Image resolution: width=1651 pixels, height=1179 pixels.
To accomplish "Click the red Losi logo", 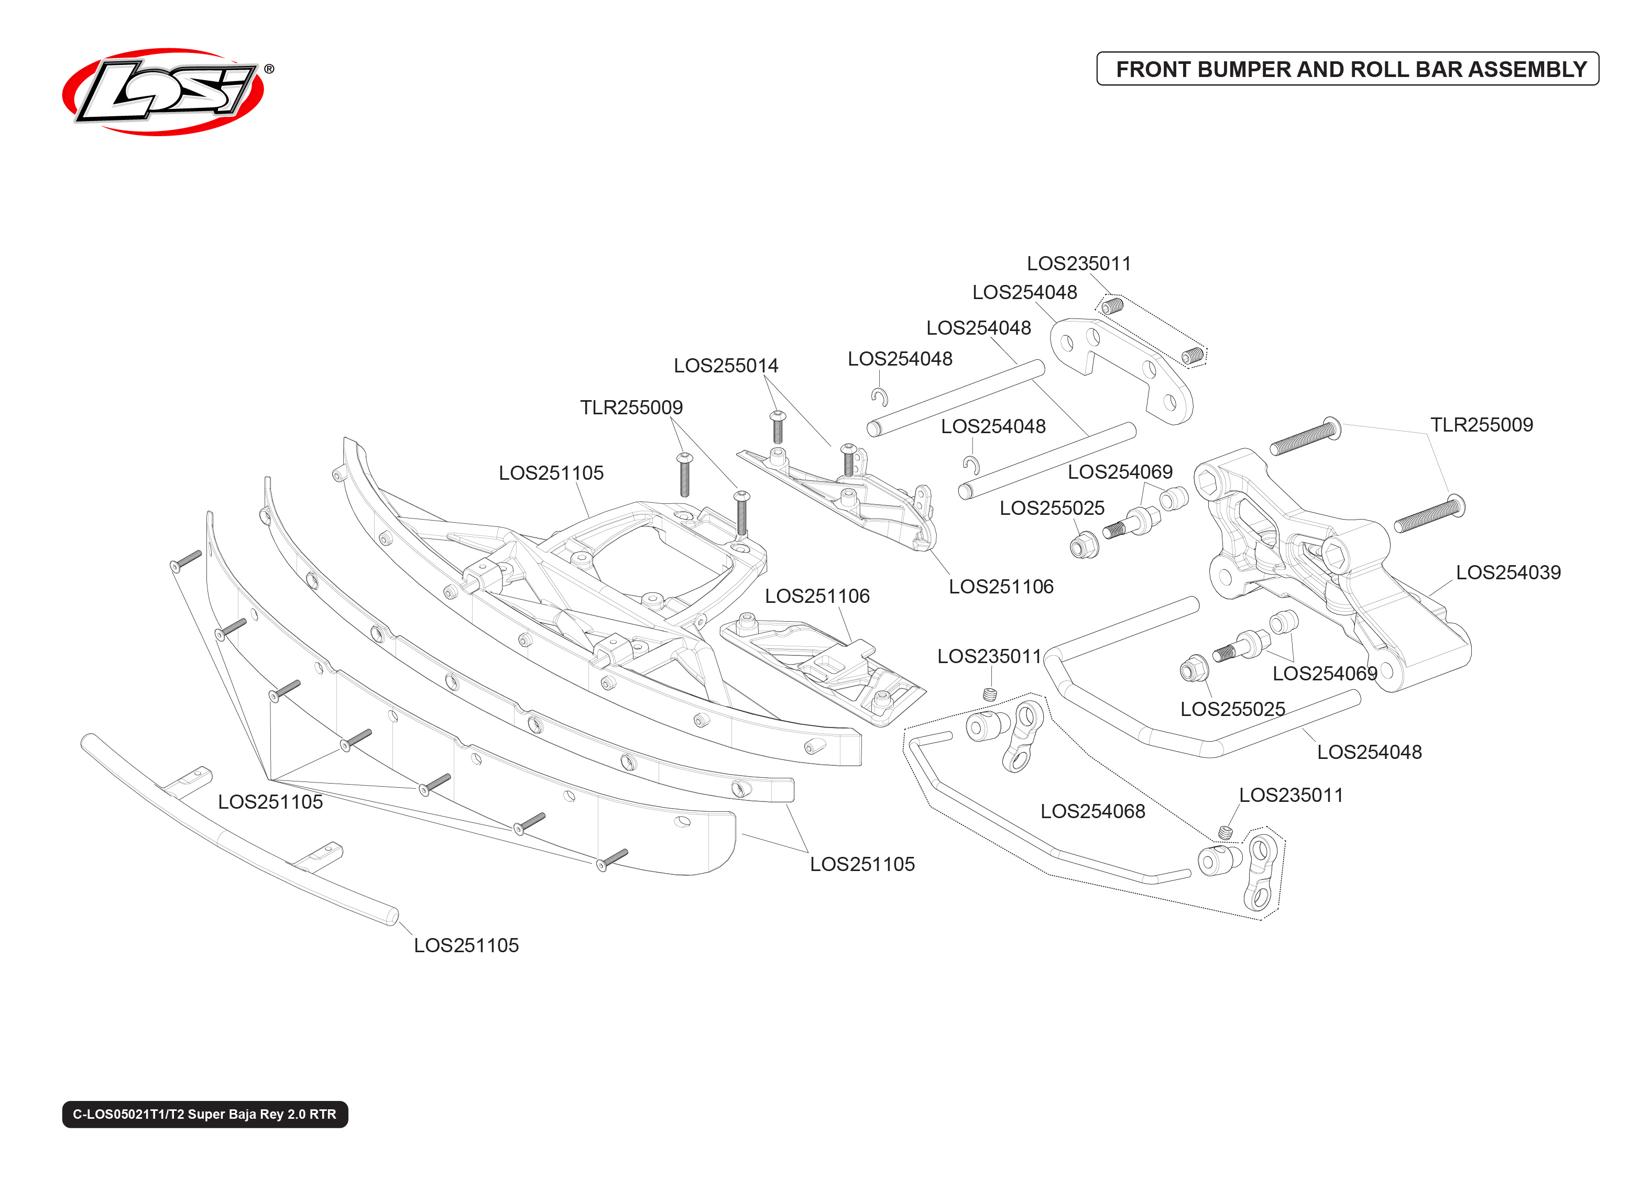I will click(x=163, y=92).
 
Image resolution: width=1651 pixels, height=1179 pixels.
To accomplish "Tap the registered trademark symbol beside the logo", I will click(x=269, y=69).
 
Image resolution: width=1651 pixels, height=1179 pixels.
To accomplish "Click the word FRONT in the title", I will click(x=1152, y=70).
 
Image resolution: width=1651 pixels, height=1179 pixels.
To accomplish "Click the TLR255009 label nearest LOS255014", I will click(x=631, y=407).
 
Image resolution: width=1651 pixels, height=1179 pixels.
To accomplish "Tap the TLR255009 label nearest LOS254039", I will click(x=1481, y=425).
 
